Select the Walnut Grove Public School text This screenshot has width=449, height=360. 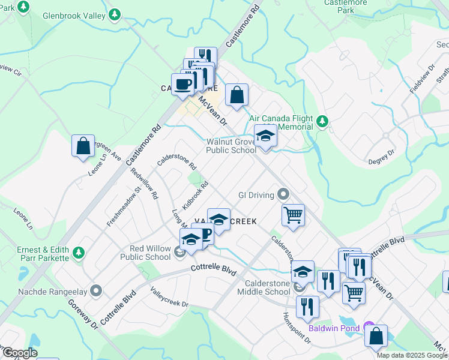tap(231, 146)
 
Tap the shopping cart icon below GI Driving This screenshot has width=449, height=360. tap(293, 214)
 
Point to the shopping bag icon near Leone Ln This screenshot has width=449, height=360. tap(83, 146)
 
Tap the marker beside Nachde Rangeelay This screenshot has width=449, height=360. tap(96, 292)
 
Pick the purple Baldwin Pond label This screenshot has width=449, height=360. tap(334, 328)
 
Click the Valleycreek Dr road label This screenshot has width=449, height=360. tap(169, 296)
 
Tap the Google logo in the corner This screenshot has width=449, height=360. tap(20, 353)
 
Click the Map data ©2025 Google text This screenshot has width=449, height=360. tap(412, 355)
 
